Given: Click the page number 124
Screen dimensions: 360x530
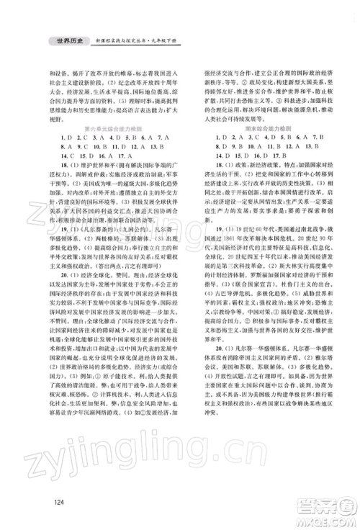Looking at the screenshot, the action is coord(48,502).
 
